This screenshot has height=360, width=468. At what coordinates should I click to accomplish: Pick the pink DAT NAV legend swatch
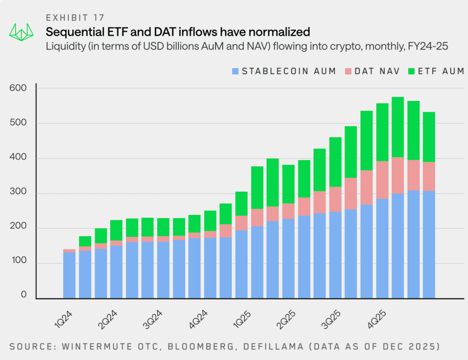click(x=348, y=71)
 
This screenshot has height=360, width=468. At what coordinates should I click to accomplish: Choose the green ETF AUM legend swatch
click(x=412, y=71)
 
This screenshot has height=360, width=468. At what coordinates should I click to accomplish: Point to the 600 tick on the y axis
click(x=18, y=88)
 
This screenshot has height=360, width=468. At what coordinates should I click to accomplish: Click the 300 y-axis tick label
click(x=18, y=193)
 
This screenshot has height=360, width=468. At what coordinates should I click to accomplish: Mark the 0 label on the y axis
click(x=24, y=295)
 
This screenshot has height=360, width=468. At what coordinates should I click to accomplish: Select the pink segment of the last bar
click(x=429, y=176)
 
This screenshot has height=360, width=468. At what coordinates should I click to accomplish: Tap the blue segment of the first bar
click(x=69, y=275)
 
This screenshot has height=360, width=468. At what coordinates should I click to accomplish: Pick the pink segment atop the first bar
click(x=69, y=251)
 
